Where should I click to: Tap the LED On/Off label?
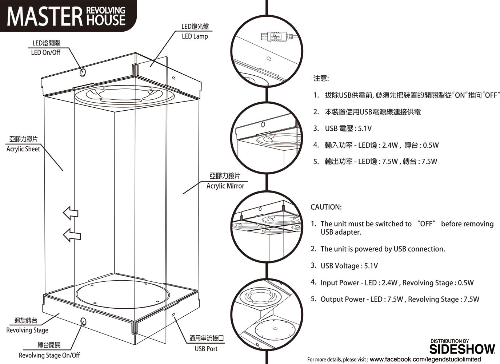pos(45,52)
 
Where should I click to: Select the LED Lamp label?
pos(195,36)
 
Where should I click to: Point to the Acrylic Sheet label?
pos(23,149)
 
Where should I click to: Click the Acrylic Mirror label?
pos(225,186)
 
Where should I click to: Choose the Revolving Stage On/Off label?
pos(49,355)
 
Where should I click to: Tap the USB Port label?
pos(206,349)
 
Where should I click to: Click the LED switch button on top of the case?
pos(83,72)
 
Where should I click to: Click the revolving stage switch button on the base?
pos(83,321)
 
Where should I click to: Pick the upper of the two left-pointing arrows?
pos(70,213)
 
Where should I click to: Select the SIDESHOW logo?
pos(462,349)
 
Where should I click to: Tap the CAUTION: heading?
pos(326,207)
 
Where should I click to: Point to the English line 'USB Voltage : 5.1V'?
pos(349,266)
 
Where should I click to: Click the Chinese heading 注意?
pos(321,79)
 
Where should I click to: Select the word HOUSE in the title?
pos(105,20)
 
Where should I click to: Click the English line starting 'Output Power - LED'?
pos(400,300)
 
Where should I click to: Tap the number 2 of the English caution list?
pos(313,249)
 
